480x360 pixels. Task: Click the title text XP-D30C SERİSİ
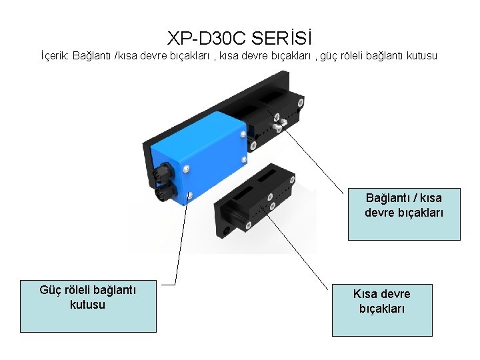239,36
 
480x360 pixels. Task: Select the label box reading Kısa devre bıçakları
382,309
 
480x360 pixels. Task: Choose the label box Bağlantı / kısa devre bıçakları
403,213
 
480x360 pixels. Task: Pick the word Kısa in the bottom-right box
366,294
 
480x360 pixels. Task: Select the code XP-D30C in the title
207,36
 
